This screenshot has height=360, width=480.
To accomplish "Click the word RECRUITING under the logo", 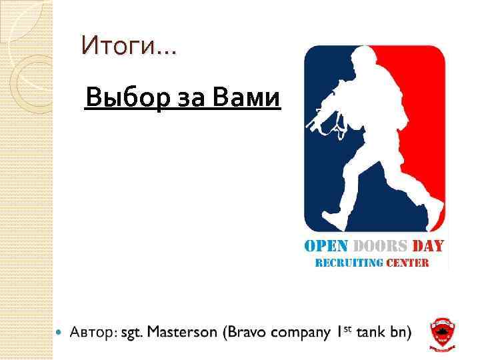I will click(x=347, y=262).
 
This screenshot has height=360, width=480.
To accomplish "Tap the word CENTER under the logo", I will click(x=406, y=262).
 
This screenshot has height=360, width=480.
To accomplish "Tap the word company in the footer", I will click(x=299, y=333).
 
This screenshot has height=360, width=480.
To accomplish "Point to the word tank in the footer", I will click(x=372, y=331).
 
